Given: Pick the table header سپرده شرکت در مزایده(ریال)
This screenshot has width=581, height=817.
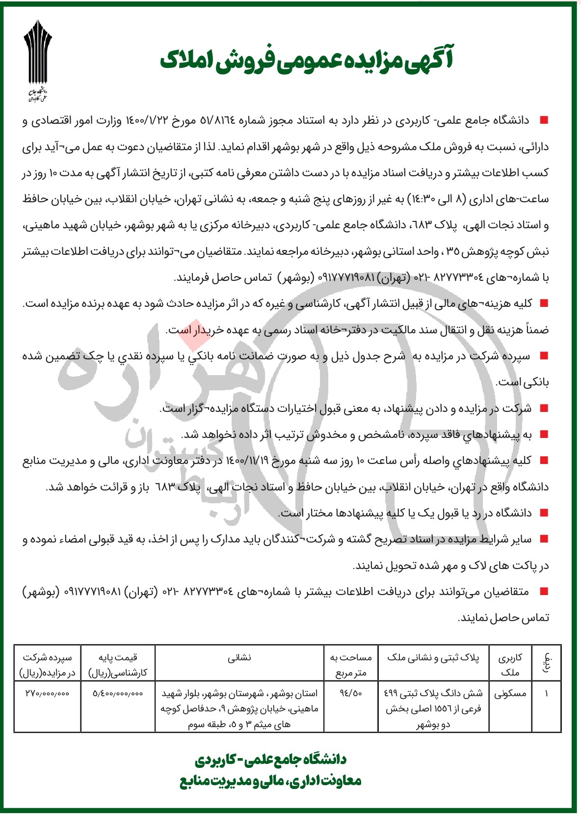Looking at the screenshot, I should (x=47, y=664).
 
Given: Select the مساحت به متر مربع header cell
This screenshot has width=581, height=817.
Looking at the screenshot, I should (x=351, y=664).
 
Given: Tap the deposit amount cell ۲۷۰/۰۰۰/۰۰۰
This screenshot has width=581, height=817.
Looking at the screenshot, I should (x=47, y=694).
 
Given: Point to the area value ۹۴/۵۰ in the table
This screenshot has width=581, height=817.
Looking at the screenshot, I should (x=351, y=694).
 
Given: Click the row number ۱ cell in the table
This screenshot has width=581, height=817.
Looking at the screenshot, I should (x=546, y=694).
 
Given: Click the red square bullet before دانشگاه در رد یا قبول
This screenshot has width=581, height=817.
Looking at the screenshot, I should (x=543, y=513).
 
